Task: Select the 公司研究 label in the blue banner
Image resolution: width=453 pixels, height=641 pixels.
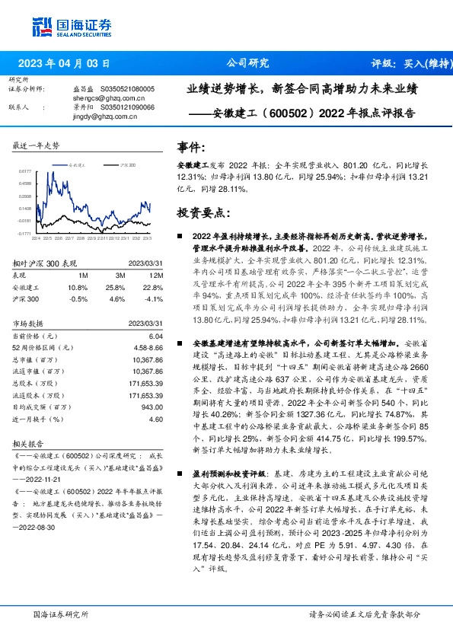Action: [x=248, y=64]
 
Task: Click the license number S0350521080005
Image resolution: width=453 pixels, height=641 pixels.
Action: [x=127, y=89]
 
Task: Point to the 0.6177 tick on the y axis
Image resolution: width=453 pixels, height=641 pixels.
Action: [x=25, y=171]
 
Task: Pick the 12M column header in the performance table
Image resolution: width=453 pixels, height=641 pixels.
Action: [x=156, y=274]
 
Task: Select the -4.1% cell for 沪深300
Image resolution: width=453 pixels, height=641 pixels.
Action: [x=155, y=298]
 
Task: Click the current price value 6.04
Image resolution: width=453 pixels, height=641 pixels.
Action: [x=155, y=336]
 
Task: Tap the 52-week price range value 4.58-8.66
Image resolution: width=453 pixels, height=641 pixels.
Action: [x=148, y=346]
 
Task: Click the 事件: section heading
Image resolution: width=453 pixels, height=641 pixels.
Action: [x=190, y=147]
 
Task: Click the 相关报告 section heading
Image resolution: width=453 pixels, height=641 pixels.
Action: [x=30, y=442]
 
